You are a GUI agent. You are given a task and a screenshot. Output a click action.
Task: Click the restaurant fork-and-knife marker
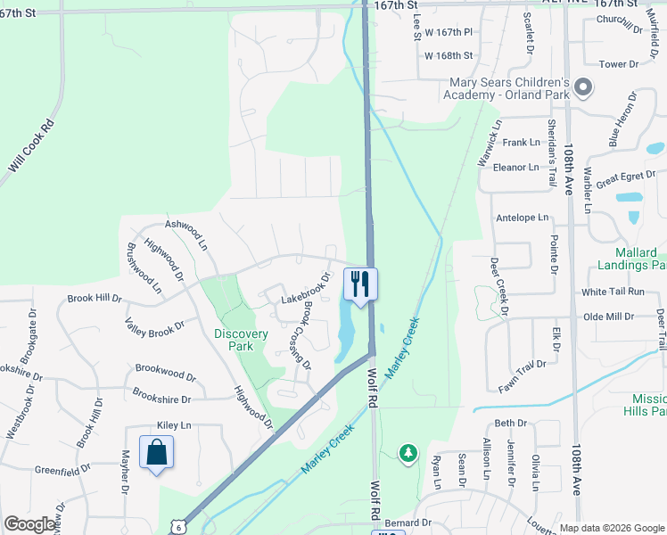coord(360,284)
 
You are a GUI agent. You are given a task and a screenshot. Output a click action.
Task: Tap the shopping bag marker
coord(157,452)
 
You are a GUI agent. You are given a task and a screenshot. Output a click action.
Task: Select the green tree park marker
coord(408,454)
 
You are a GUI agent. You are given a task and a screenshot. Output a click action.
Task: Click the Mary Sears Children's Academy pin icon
coord(583,87)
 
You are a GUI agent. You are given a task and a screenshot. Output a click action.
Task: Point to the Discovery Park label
coord(241,341)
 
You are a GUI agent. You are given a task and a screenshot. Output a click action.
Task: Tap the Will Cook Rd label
coord(32,147)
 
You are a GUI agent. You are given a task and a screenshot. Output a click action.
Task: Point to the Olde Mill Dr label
coord(608,317)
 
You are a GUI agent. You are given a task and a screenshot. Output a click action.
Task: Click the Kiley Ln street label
coord(174,426)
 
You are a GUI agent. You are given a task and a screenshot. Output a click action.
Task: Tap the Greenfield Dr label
coord(62,469)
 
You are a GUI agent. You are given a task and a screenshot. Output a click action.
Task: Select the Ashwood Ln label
coord(187,235)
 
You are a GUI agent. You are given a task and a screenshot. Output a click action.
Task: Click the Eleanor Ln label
coord(516,167)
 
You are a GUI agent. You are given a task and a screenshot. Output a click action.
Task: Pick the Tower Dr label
coord(619,64)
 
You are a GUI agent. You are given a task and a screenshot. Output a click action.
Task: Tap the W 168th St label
coord(449,55)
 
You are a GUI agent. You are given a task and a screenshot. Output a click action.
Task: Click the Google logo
coord(29,524)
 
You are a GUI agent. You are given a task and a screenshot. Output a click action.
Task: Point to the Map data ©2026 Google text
coord(611,528)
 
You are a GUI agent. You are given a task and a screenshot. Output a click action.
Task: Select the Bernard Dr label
coord(409,523)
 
